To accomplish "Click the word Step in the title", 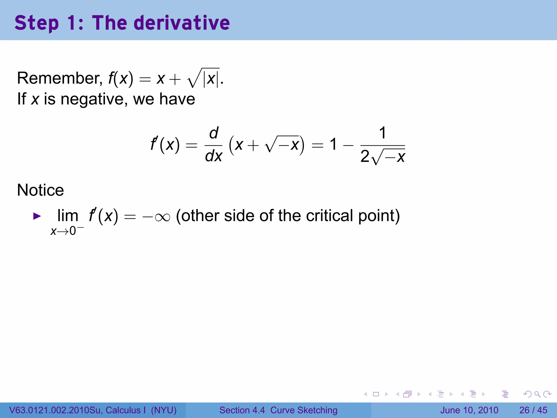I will tap(36, 23).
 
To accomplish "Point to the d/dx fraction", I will tap(214, 145).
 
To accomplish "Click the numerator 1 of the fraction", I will tap(382, 133).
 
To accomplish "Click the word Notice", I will tap(41, 190).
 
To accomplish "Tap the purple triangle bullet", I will tap(37, 216).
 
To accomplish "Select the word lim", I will tap(68, 216).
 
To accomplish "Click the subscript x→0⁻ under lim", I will tap(67, 231).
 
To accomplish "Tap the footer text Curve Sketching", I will tap(304, 410).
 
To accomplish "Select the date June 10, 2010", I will tap(469, 410).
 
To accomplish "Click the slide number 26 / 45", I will tap(533, 410).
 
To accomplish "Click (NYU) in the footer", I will tap(164, 410).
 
